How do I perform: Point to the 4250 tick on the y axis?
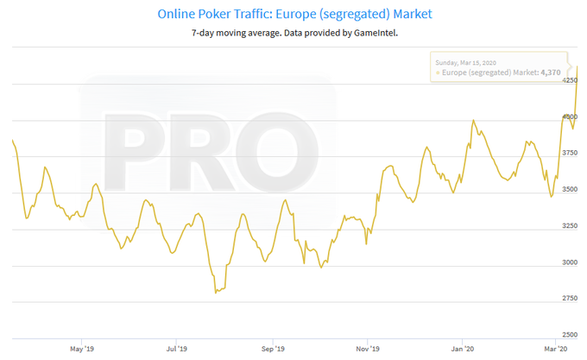570,79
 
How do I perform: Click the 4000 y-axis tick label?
570,116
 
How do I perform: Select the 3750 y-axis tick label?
570,152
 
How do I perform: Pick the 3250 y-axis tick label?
570,225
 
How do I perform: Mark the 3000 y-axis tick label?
570,262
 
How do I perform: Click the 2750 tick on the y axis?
570,298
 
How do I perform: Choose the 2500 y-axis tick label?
570,334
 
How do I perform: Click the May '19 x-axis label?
81,349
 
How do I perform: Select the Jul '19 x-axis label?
177,349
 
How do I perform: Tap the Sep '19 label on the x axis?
273,349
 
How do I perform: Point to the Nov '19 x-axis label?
369,349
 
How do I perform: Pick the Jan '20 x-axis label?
464,349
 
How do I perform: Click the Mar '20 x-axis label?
557,349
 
